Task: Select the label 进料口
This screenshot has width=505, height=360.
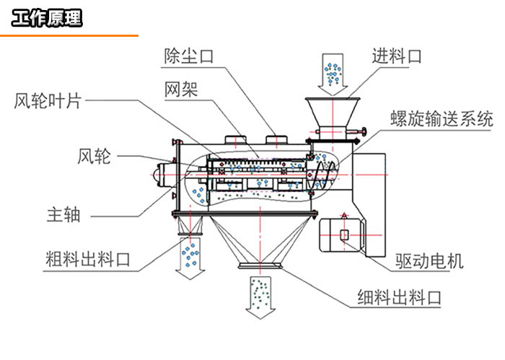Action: tap(397, 56)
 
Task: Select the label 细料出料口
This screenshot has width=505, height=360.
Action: tap(399, 296)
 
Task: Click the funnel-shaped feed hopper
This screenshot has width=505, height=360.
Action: tap(333, 112)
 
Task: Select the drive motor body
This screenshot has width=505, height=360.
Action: tap(344, 234)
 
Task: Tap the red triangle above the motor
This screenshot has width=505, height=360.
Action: tap(345, 214)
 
